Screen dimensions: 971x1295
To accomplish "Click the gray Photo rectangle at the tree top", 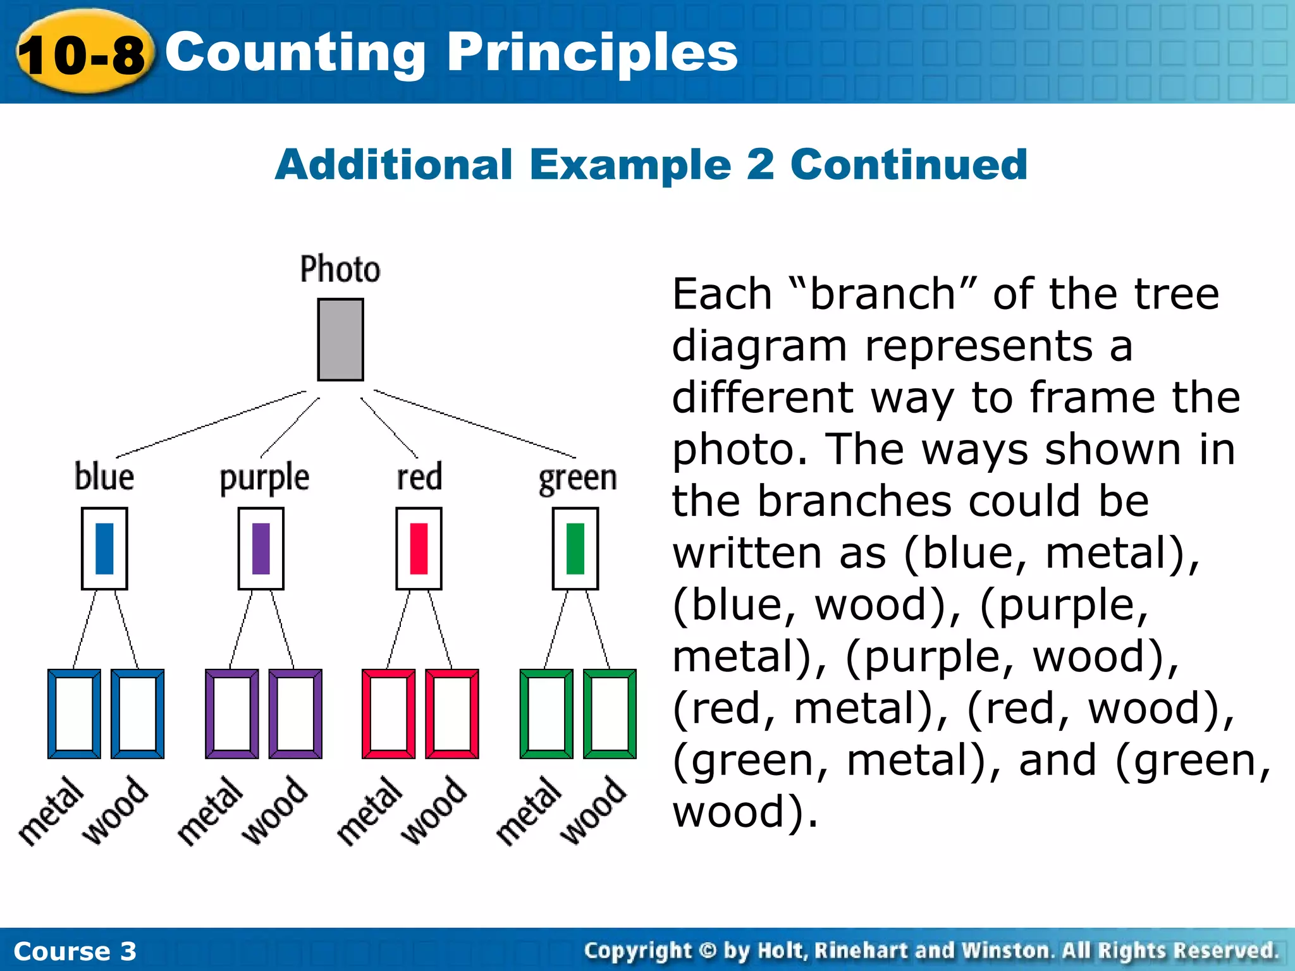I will (x=340, y=339).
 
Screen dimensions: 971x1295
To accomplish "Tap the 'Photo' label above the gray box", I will (x=340, y=269).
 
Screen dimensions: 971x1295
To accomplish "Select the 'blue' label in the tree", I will (x=104, y=477).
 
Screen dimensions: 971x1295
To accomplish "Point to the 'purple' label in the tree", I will (x=264, y=478).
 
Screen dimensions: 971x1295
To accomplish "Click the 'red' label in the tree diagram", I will (x=419, y=477).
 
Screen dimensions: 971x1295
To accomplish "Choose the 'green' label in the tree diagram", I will (x=577, y=478).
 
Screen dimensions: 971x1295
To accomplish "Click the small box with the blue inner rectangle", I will (x=104, y=548).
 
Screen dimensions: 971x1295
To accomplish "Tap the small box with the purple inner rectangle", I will (x=261, y=548).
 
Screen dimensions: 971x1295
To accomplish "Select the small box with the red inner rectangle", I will (x=419, y=548).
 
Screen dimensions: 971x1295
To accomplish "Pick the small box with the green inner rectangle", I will (x=575, y=548).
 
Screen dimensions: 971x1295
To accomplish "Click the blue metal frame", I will (x=74, y=714).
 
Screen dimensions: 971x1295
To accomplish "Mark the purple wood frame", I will (x=295, y=714).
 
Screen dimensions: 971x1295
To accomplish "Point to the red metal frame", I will (x=388, y=714).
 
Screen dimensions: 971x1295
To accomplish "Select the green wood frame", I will (x=610, y=714).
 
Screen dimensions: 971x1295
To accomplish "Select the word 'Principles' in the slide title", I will (x=592, y=52).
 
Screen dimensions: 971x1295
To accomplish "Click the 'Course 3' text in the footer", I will (x=75, y=951).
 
